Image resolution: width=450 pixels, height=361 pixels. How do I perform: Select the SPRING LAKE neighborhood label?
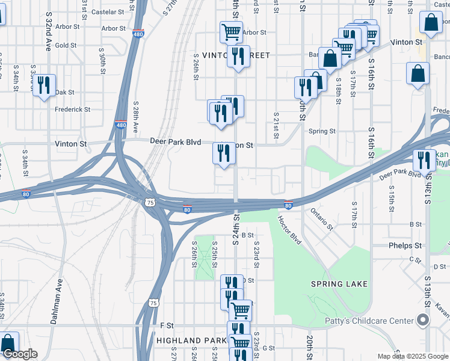tap(339, 283)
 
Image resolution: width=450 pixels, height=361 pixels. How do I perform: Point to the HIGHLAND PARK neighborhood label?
tap(191, 341)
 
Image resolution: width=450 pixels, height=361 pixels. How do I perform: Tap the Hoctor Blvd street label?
tap(289, 230)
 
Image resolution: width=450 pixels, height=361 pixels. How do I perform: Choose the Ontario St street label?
tap(322, 218)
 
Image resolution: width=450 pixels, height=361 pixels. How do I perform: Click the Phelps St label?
tap(405, 245)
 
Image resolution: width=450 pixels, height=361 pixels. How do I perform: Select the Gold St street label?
tap(66, 45)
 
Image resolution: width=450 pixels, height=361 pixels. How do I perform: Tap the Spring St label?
tap(322, 131)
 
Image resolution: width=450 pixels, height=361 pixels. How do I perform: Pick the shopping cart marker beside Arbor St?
tap(231, 31)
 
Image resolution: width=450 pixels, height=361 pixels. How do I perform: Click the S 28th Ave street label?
tap(136, 117)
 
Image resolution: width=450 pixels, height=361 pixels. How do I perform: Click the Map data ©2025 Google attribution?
tap(412, 356)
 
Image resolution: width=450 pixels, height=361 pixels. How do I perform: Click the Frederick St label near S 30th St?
tap(72, 110)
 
